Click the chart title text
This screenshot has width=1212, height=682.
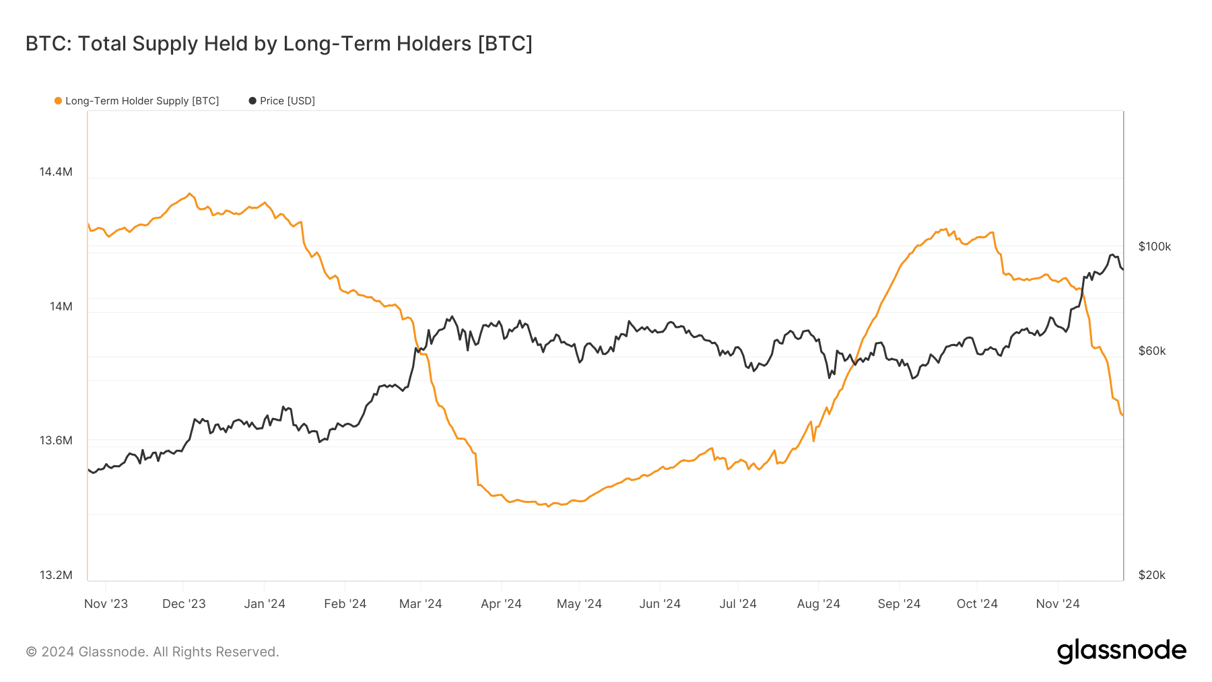tap(279, 44)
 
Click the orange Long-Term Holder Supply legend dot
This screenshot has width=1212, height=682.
tap(58, 101)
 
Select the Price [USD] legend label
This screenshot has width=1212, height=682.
tap(287, 101)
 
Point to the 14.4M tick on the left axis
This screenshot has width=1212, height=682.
tap(56, 172)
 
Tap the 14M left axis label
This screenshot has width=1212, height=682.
tap(61, 306)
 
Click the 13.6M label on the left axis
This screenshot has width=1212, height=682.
tap(56, 440)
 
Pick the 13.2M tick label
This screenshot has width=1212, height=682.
tap(56, 575)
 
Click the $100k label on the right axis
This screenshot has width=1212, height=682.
tap(1154, 246)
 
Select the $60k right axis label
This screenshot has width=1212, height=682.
tap(1151, 351)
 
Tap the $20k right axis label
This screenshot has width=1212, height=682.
tap(1151, 575)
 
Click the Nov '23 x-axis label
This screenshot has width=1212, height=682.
tap(106, 604)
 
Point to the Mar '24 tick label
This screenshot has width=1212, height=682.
tap(420, 604)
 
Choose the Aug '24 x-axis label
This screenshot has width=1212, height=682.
tap(818, 604)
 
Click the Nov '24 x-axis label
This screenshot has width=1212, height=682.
tap(1057, 604)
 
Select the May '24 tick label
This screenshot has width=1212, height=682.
tap(579, 604)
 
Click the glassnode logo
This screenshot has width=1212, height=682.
tap(1121, 651)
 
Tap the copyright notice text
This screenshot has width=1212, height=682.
tap(152, 652)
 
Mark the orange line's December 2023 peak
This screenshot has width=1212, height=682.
tap(189, 193)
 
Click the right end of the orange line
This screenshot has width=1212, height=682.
tap(1122, 415)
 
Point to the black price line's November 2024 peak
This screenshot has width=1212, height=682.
tap(1112, 254)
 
